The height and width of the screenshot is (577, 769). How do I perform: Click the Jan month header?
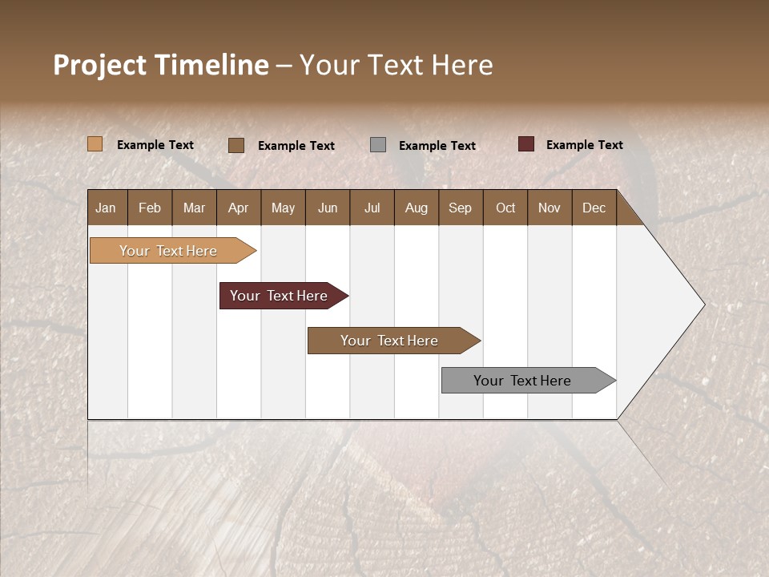click(106, 208)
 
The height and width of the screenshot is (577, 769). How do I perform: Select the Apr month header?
click(238, 208)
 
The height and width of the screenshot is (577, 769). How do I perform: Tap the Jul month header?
click(372, 208)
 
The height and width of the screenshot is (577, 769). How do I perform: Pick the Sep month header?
click(460, 208)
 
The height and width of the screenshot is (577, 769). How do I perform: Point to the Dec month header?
click(594, 208)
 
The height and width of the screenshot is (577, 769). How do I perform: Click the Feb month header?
click(150, 208)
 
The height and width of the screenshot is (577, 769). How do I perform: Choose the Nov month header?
click(549, 208)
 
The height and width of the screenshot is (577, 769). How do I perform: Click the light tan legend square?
click(95, 144)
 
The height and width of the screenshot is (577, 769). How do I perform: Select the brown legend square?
click(236, 145)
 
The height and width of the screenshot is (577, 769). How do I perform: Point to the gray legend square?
click(378, 145)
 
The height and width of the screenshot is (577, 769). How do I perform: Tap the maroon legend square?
click(525, 144)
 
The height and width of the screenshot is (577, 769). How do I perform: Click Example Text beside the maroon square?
click(584, 145)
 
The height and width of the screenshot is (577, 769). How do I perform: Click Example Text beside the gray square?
click(437, 146)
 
